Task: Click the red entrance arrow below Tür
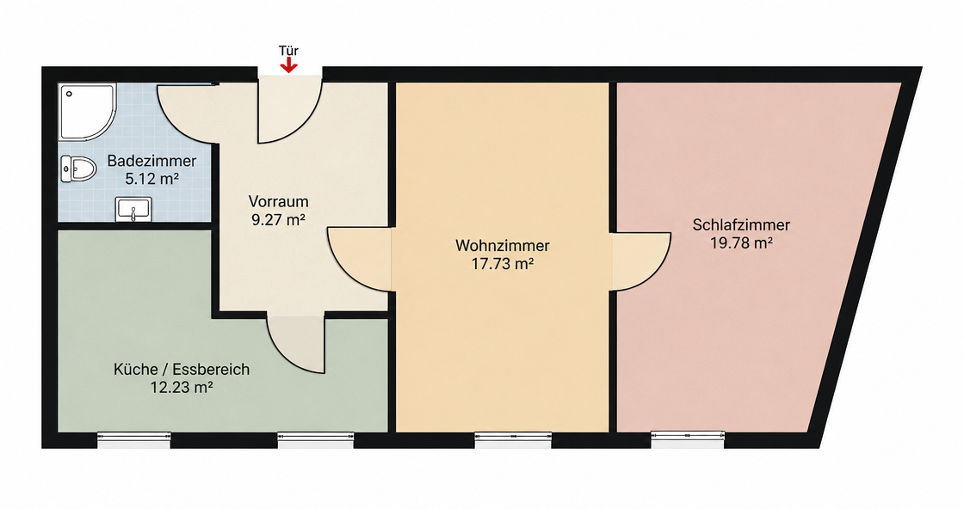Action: [x=288, y=65]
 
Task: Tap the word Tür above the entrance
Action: [x=288, y=51]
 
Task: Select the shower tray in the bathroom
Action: [x=87, y=112]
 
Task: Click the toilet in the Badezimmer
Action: [x=78, y=169]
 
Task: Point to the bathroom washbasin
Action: [x=133, y=210]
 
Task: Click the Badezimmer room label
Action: [x=151, y=162]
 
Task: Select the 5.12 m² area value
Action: [x=151, y=180]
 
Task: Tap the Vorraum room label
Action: [x=279, y=201]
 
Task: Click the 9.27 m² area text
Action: [x=279, y=220]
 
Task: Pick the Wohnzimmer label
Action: [x=503, y=246]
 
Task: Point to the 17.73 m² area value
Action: [x=503, y=264]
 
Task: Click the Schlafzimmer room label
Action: [x=741, y=224]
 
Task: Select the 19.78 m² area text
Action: [x=741, y=243]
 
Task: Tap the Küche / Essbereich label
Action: [x=182, y=370]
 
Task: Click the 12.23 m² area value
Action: [x=182, y=388]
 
